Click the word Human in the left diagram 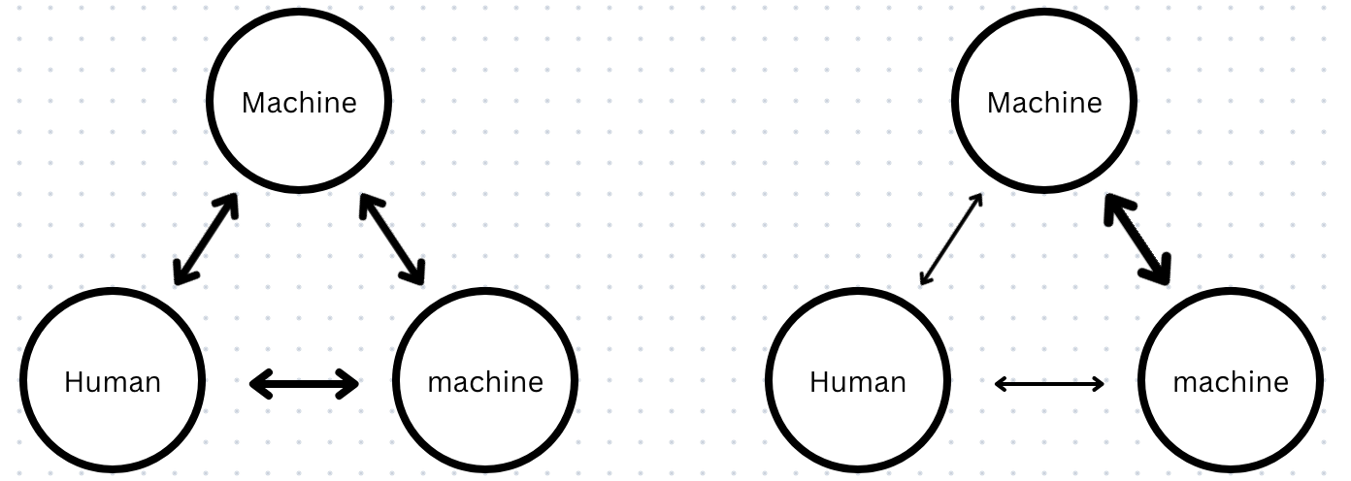point(113,382)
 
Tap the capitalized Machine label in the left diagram point(299,103)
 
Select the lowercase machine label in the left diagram point(485,382)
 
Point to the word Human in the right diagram point(858,382)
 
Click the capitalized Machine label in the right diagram point(1044,103)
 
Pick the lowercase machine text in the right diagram point(1231,382)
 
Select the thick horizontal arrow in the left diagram point(305,385)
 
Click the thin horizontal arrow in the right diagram point(1050,385)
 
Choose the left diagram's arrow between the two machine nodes point(392,240)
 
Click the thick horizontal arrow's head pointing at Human point(258,385)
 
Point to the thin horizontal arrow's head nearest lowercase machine point(1098,385)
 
